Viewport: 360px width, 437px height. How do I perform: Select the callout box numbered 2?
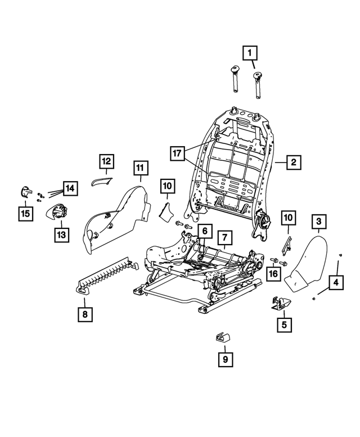[292, 163]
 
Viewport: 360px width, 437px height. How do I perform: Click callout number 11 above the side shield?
[140, 167]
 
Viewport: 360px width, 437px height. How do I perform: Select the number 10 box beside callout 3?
[288, 217]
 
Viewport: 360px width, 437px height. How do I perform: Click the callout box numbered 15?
[25, 213]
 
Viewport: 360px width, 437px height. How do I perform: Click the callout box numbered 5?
[283, 324]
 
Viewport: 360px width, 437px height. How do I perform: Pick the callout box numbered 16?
[273, 274]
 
